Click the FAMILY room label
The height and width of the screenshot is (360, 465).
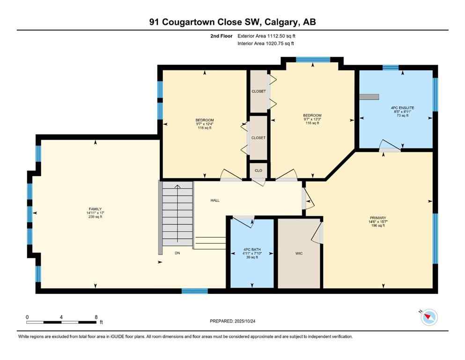(x=96, y=209)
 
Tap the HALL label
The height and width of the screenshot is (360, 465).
(x=214, y=200)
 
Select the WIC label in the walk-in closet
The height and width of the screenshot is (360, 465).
(x=299, y=253)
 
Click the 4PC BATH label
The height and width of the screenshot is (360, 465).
(x=251, y=249)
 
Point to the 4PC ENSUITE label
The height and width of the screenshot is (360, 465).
(x=402, y=107)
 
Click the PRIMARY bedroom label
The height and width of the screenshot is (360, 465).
(x=377, y=217)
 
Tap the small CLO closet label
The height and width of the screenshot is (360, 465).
(x=258, y=171)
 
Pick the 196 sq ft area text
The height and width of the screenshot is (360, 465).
(x=377, y=226)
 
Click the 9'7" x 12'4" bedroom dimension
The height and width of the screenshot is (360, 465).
(x=205, y=124)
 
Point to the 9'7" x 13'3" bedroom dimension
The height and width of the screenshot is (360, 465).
(x=312, y=120)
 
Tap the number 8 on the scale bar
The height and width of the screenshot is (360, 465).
(x=96, y=317)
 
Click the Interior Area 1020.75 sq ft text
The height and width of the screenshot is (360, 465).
(x=266, y=44)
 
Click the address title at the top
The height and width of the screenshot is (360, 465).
(x=233, y=22)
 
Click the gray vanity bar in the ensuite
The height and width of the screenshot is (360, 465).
(x=369, y=97)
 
